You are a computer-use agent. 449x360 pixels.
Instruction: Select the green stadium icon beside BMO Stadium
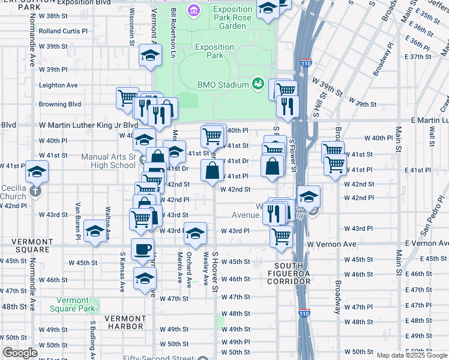click(258, 83)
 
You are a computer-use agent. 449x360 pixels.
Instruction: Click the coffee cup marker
click(142, 249)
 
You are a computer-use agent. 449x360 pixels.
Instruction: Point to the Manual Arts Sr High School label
click(108, 161)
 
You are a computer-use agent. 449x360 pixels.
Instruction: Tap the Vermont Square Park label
click(76, 304)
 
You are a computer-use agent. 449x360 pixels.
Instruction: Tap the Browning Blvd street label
click(60, 104)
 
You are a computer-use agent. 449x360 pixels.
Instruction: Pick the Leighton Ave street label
click(58, 85)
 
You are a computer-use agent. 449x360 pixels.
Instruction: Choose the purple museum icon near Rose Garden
click(193, 10)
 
